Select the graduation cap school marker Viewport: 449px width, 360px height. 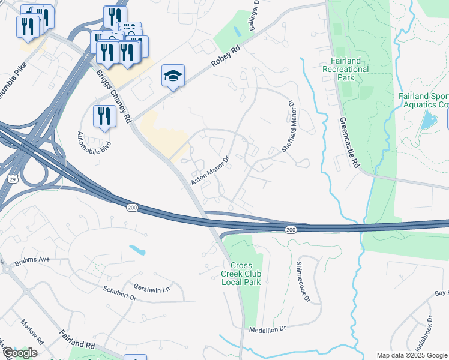point(173,76)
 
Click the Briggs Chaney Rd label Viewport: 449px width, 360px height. point(114,97)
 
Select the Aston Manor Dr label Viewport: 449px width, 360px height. point(211,170)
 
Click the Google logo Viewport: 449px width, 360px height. point(20,353)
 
